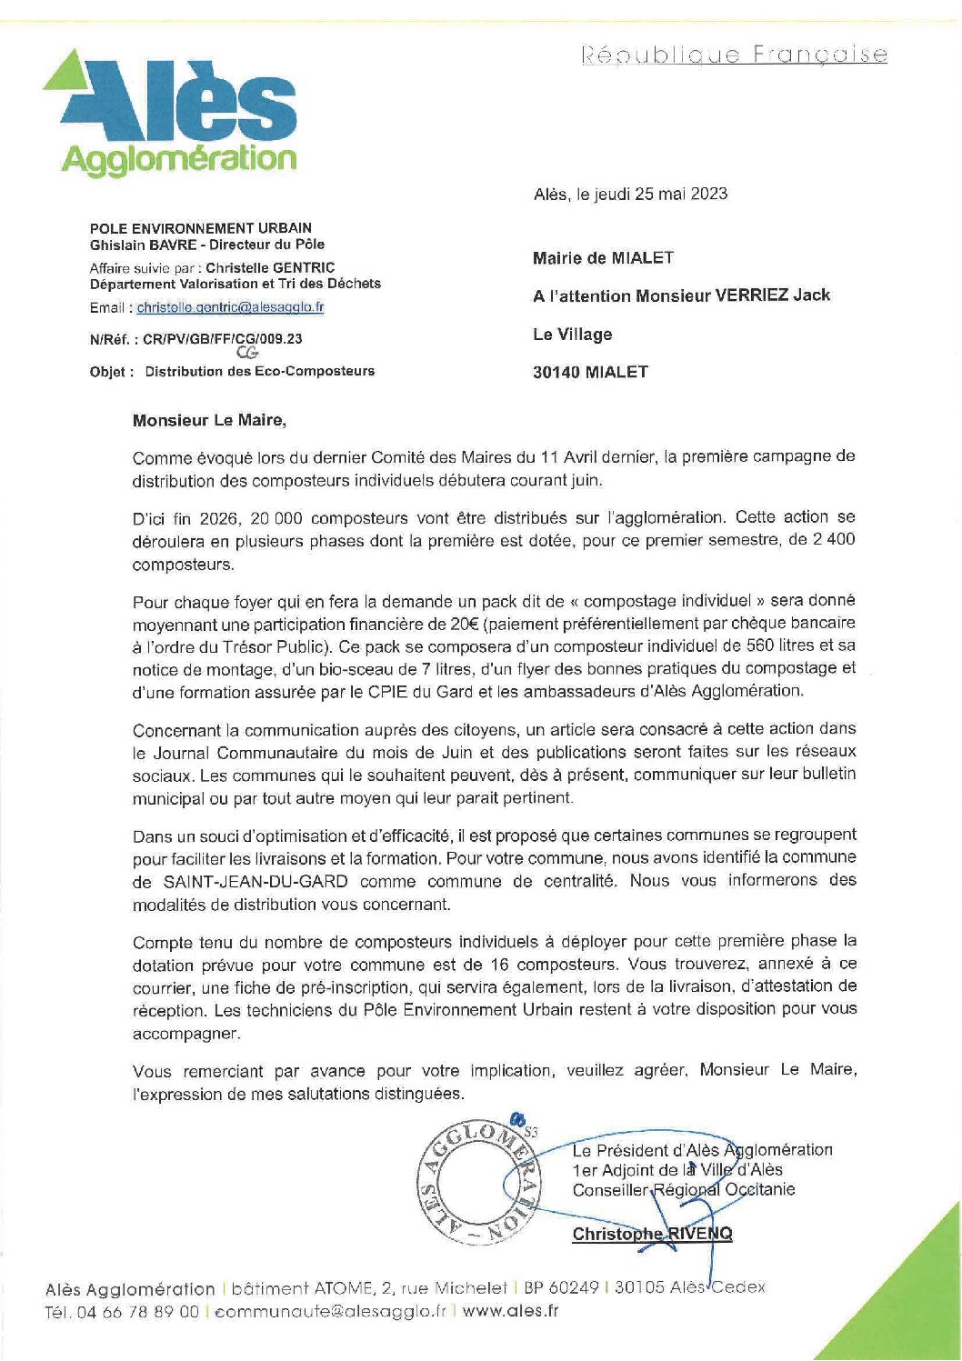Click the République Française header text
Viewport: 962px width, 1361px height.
734,55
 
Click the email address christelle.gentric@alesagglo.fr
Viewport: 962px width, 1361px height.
230,307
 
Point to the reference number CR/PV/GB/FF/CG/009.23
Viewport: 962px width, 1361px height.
222,339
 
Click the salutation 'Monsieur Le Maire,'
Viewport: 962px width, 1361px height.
209,420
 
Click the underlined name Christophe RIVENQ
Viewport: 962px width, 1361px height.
652,1234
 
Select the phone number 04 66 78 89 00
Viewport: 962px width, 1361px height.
138,1311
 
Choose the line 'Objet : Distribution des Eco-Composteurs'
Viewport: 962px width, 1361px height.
232,371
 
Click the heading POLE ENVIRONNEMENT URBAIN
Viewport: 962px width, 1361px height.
200,228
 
